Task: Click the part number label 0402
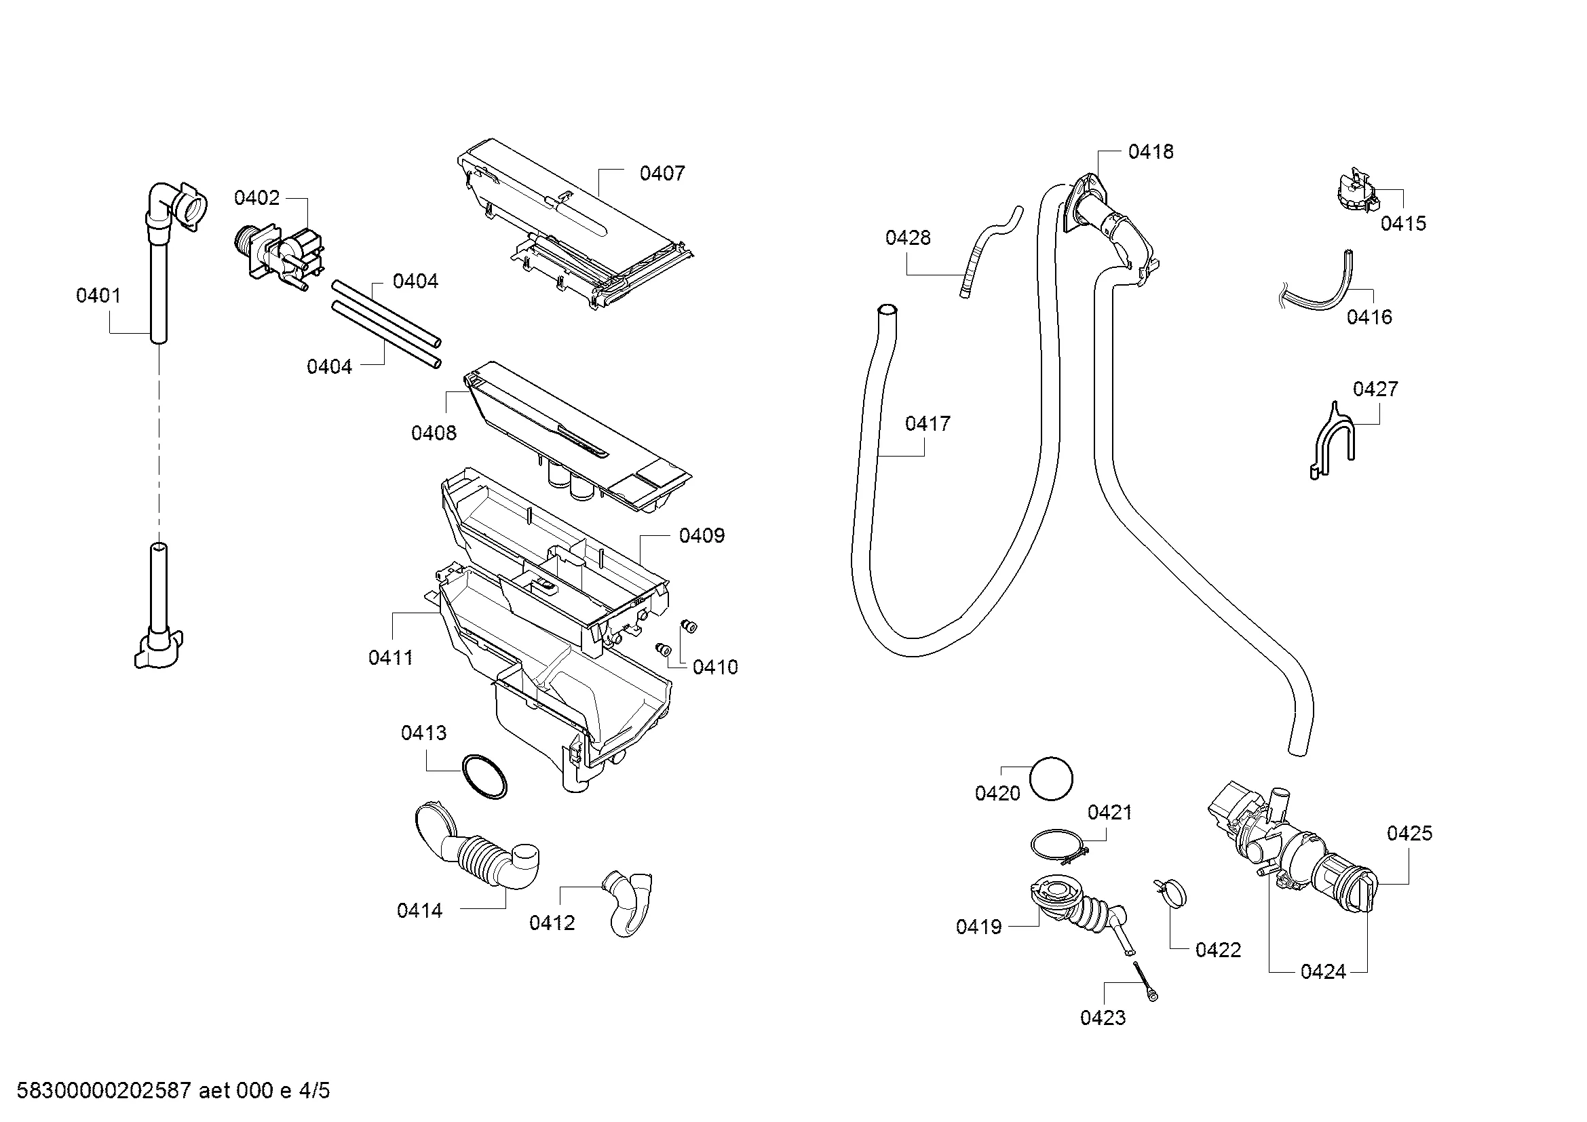pos(256,198)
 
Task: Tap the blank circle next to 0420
pos(1050,779)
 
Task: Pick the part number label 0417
pos(928,423)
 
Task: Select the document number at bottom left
pos(104,1091)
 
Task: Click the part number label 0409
pos(702,536)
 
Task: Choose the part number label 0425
pos(1409,834)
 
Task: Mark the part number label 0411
pos(391,658)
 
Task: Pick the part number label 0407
pos(662,174)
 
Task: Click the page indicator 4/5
pos(315,1091)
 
